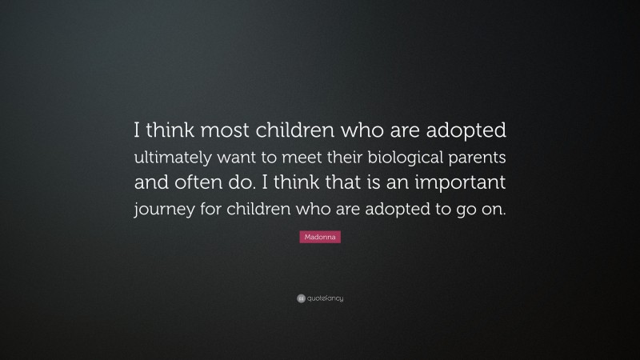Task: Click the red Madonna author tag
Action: point(320,238)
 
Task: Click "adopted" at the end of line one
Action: point(465,130)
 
